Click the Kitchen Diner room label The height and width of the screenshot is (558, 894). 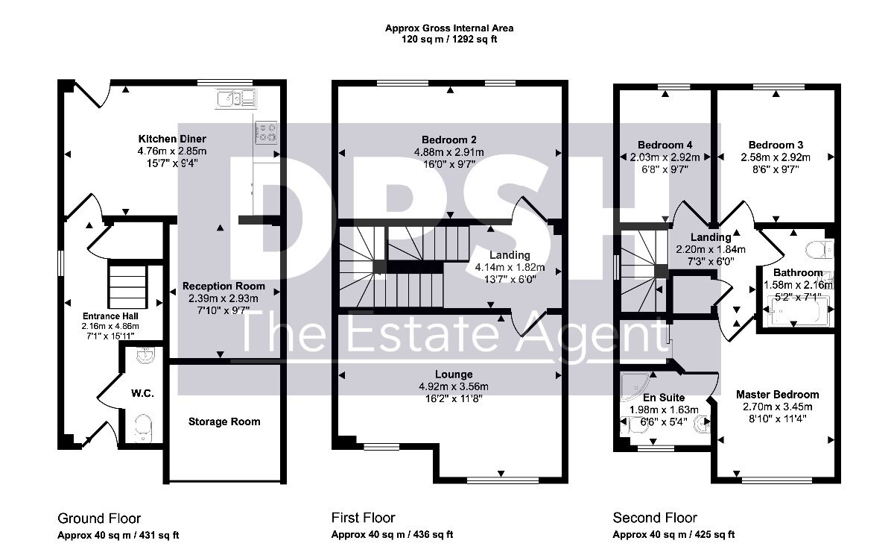coord(172,139)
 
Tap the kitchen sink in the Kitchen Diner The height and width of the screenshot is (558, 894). coord(235,98)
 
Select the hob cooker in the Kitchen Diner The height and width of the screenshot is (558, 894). coord(266,133)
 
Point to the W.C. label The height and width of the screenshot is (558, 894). coord(142,393)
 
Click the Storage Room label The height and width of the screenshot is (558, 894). coord(224,421)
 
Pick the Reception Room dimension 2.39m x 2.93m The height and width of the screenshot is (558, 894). coord(223,298)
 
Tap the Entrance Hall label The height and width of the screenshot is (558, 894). coord(110,316)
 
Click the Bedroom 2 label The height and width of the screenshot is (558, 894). coord(449,139)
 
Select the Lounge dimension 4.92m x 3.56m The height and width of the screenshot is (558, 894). coord(454,386)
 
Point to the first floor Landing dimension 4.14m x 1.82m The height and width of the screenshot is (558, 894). coord(510,267)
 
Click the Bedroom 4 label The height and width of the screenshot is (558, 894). coord(665,145)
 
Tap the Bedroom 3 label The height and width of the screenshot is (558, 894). coord(776,145)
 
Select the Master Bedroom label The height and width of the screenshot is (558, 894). coord(778,395)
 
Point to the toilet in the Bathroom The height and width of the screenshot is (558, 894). coord(819,250)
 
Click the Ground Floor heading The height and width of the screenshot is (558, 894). coord(99,518)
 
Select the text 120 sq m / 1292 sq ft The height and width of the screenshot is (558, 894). coord(449,40)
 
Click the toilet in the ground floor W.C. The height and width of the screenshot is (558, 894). coord(142,427)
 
